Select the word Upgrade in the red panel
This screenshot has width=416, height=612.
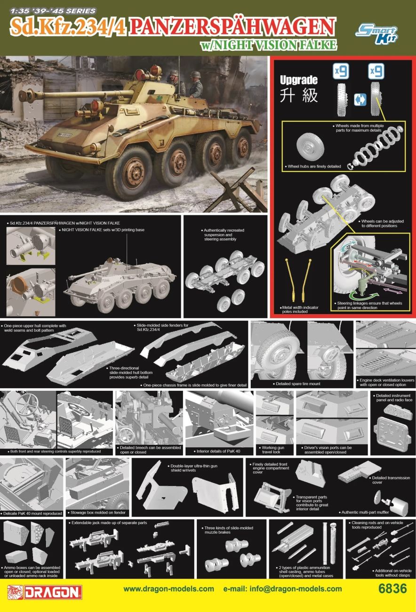click(x=298, y=80)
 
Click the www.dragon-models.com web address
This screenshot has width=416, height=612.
click(x=168, y=589)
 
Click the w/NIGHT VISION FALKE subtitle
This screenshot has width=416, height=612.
click(x=269, y=45)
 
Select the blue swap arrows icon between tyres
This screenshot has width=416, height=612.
click(x=359, y=99)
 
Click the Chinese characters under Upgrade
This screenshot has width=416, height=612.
click(x=298, y=96)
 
